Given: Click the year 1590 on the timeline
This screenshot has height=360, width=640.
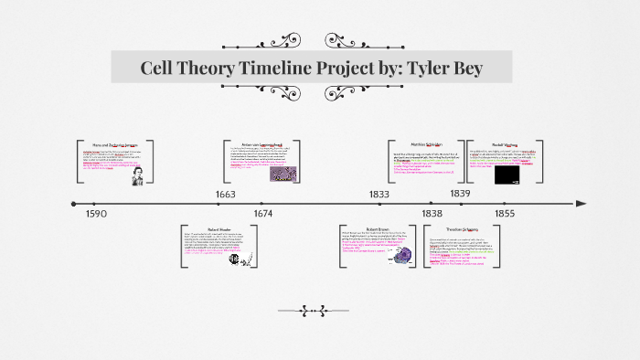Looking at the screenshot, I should coord(97,213).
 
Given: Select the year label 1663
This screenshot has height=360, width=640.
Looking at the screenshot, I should coord(225,194).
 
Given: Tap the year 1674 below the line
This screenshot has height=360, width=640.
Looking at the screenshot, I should coord(262,213).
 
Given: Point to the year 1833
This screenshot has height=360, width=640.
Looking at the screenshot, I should coord(379,194).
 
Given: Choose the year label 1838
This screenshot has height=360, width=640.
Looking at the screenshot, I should coord(432,213).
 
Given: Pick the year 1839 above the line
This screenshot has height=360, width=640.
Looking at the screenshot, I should coord(460,194).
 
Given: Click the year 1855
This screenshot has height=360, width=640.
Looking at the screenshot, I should coord(505,213).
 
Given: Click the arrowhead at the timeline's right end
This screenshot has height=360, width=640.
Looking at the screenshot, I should coord(581,203).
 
